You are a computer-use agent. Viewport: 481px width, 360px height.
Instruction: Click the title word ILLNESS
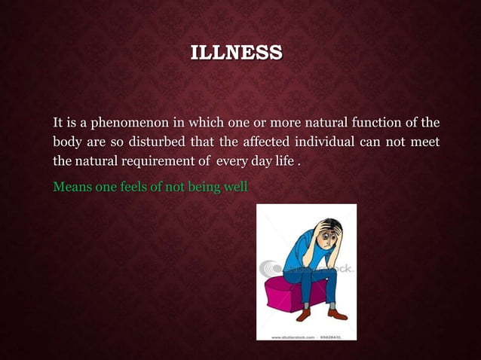[x=237, y=53]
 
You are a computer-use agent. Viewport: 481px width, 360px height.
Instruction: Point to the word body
[x=66, y=142]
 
